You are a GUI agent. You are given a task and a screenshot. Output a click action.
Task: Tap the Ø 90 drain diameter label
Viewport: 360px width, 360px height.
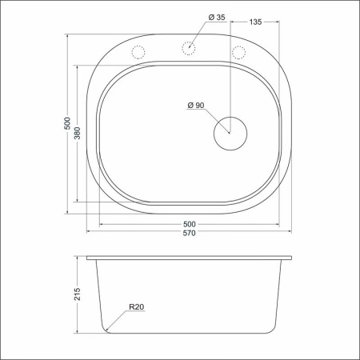click(196, 106)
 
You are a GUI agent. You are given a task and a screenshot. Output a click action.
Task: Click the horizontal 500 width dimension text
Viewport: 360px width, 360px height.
click(190, 223)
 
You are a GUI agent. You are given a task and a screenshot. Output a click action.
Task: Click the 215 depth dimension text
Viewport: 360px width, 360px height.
click(78, 294)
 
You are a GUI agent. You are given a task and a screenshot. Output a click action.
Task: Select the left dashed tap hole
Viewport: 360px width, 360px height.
click(138, 53)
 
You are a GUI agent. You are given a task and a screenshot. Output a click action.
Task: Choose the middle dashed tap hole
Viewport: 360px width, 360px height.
click(189, 48)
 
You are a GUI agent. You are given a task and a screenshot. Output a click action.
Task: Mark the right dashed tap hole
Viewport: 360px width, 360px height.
click(238, 53)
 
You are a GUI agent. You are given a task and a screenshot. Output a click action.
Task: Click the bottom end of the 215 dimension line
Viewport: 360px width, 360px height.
click(78, 334)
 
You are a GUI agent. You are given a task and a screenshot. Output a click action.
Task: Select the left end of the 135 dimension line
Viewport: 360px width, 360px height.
click(231, 23)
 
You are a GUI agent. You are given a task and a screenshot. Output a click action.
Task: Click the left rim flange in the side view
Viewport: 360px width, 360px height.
click(90, 258)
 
